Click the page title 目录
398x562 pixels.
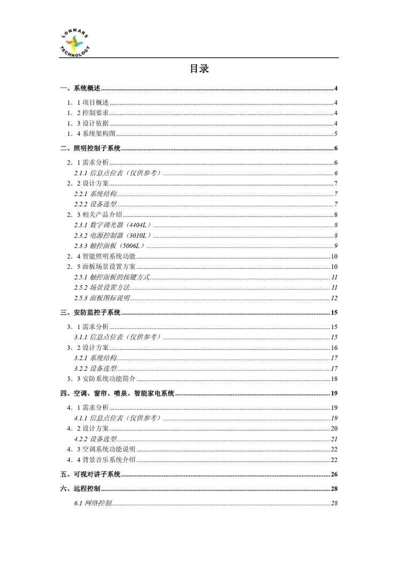tap(199, 69)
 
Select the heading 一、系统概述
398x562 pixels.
tap(80, 89)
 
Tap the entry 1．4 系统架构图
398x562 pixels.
tap(91, 134)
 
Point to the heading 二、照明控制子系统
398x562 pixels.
tap(90, 149)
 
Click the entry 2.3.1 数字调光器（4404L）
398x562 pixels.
tap(113, 225)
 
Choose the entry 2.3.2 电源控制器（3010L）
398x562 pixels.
tap(113, 235)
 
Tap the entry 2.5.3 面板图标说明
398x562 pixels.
tap(101, 298)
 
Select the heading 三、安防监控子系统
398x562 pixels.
tap(90, 313)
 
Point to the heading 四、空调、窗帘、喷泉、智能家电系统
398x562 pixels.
tap(118, 394)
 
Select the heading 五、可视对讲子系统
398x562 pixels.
tap(90, 474)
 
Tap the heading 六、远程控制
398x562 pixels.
tap(80, 489)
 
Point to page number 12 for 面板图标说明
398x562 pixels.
tap(333, 298)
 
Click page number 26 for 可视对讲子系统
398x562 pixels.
tap(333, 474)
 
